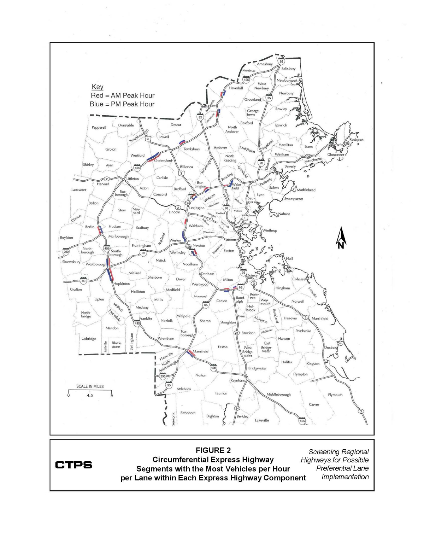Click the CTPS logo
pos(73,465)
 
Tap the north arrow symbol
pos(341,238)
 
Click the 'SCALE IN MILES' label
pos(90,386)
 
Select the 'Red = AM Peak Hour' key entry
pos(123,95)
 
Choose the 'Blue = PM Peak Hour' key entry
pos(122,104)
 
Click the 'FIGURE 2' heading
pos(213,450)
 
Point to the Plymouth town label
pos(335,395)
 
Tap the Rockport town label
pos(356,140)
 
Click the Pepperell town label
pos(99,128)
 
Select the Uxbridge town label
pos(89,339)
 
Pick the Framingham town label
pos(141,246)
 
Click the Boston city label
pos(229,251)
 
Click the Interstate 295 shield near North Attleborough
pos(163,376)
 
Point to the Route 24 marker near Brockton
pos(237,333)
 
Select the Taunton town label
pos(221,393)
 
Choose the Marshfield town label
pos(320,319)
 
